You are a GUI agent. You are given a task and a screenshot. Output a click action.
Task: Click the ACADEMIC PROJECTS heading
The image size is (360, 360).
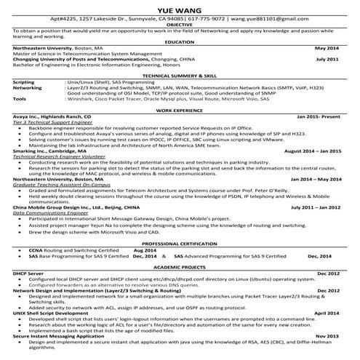click(x=180, y=266)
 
